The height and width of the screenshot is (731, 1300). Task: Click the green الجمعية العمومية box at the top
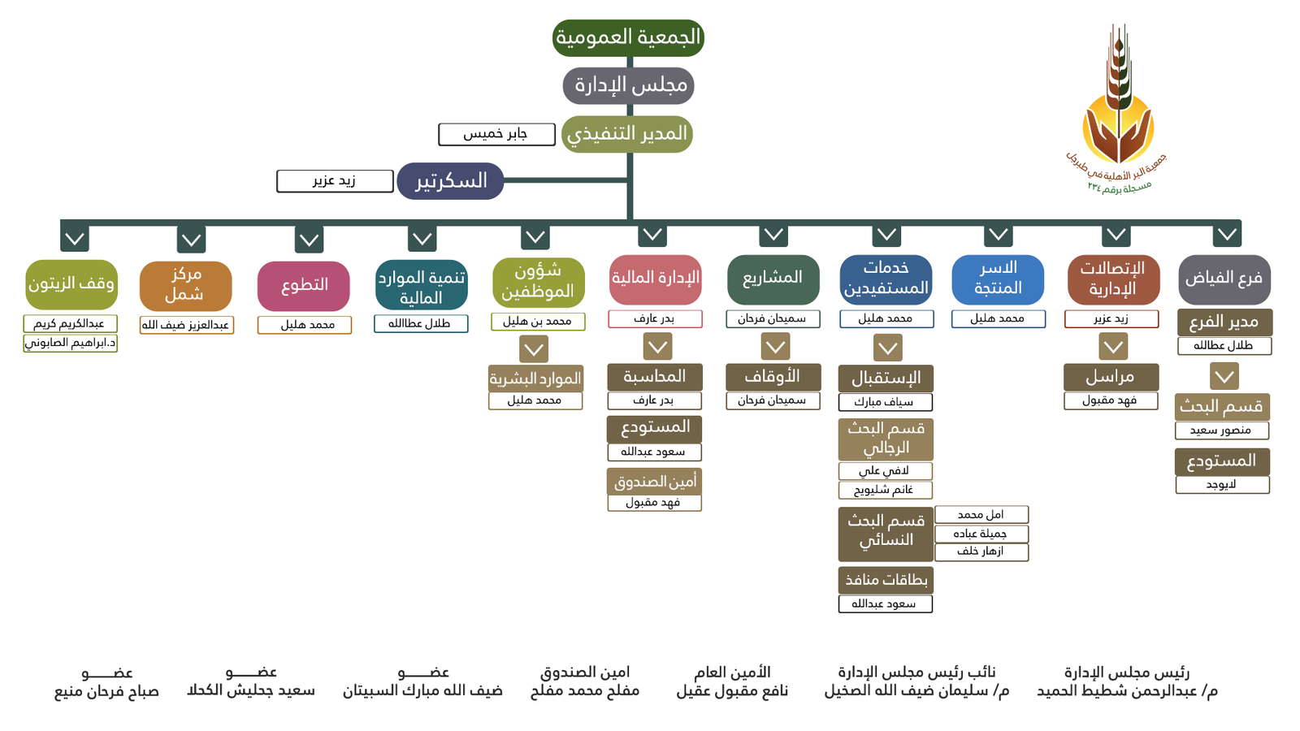pos(628,37)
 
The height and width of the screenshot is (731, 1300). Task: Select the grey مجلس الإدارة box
pos(628,85)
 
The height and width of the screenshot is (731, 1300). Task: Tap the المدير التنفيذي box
pos(626,133)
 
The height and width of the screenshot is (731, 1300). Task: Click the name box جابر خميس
pos(496,134)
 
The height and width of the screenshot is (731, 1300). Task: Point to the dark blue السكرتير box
pos(450,180)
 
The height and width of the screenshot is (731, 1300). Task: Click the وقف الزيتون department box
pos(71,283)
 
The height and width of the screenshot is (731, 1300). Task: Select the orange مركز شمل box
pos(185,284)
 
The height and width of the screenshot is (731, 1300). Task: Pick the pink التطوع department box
pos(304,285)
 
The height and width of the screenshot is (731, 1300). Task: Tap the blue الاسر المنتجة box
pos(998,279)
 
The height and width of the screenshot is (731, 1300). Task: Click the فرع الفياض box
pos(1224,279)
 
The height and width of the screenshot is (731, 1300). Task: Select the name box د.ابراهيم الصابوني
pos(71,343)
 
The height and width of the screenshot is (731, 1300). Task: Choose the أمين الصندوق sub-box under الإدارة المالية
pos(654,482)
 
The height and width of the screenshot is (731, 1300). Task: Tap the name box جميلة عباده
pos(981,534)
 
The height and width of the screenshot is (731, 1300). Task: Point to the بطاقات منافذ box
pos(886,580)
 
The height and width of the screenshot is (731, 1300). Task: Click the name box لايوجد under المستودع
pos(1222,485)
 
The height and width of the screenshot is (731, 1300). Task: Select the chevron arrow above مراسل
pos(1113,347)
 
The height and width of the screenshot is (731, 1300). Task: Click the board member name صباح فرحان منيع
pos(106,691)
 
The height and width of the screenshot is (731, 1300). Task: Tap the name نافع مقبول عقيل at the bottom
pos(732,691)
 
